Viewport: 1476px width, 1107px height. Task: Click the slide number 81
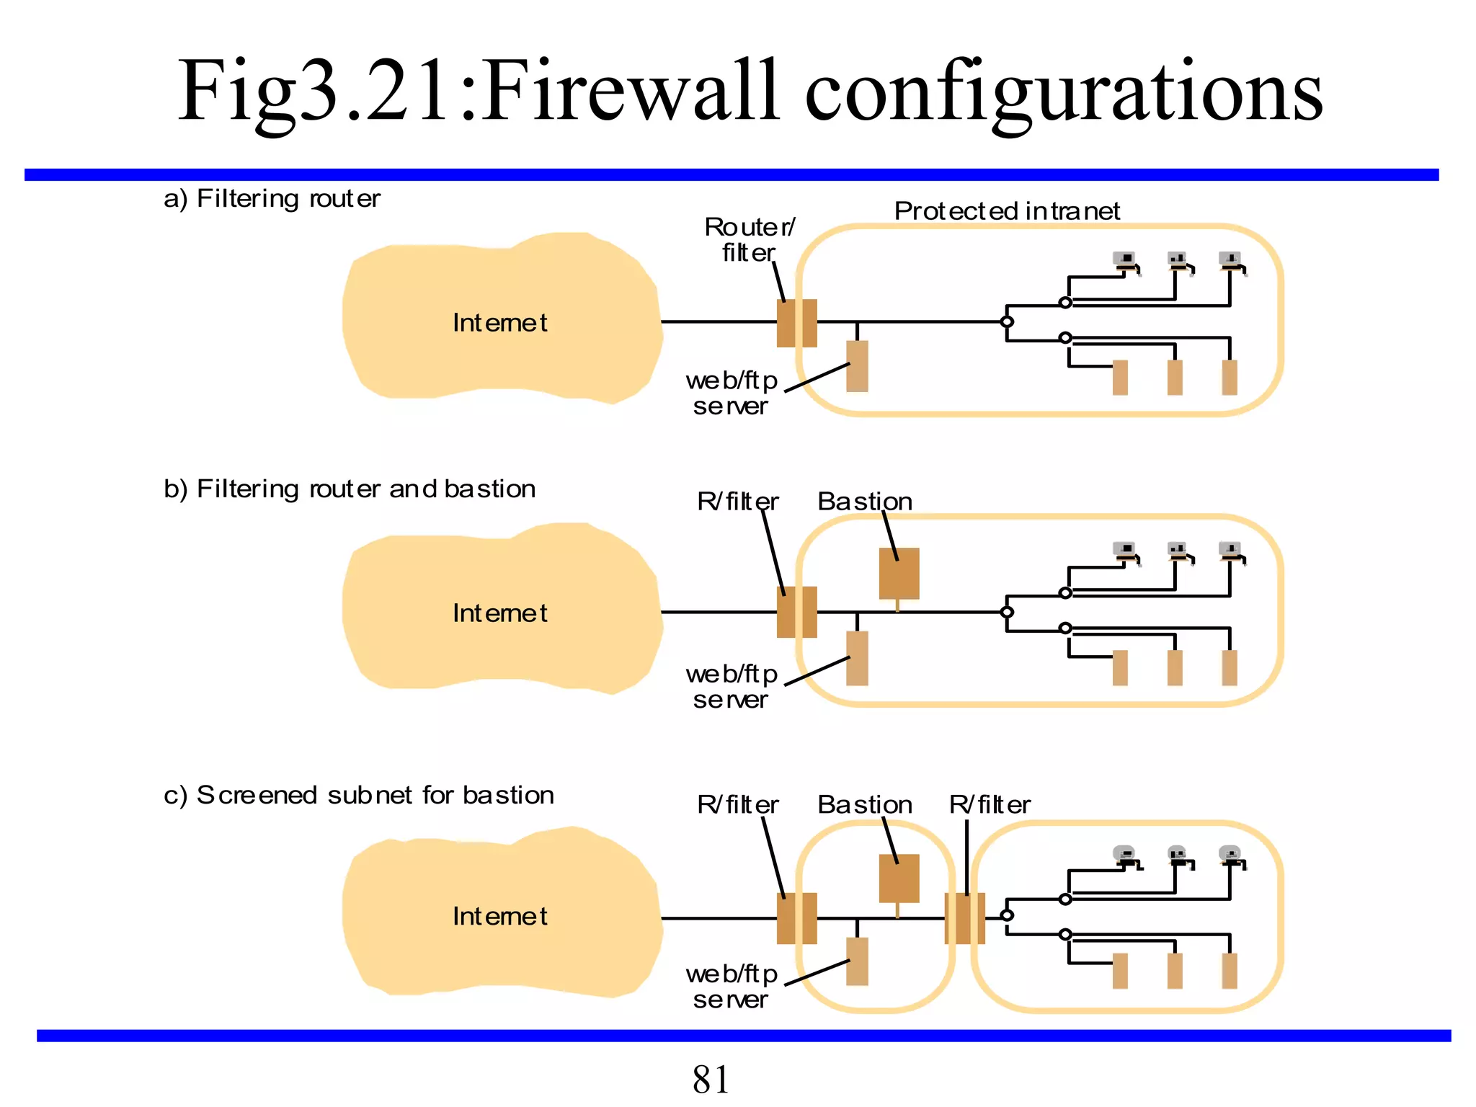click(711, 1080)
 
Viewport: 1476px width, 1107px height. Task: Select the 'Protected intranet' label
click(1007, 211)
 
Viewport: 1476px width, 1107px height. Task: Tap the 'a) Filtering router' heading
click(272, 198)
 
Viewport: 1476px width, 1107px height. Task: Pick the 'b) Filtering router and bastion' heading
click(350, 489)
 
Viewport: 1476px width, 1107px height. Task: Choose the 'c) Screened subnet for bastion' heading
click(359, 795)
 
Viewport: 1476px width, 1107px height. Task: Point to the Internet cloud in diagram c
click(500, 915)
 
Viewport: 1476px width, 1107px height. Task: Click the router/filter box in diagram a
click(796, 323)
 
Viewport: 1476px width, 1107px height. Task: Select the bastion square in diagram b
click(899, 574)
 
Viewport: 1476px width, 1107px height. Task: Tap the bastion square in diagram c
click(899, 878)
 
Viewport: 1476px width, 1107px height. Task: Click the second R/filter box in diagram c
click(964, 918)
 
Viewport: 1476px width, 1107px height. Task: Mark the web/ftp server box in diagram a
click(857, 366)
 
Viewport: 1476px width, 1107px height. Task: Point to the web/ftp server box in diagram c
click(857, 961)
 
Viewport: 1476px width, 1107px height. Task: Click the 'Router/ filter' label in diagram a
click(750, 239)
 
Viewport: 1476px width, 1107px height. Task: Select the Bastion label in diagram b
click(864, 502)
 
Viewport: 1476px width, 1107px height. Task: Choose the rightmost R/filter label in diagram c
click(989, 805)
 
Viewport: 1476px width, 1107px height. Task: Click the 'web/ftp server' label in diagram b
click(731, 687)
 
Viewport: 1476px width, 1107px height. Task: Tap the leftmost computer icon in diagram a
click(1125, 261)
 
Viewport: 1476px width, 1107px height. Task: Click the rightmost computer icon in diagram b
click(1230, 551)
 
